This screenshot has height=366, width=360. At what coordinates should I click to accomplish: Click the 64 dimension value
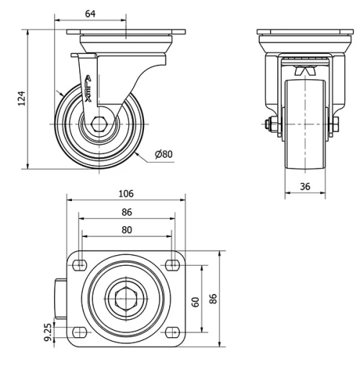pos(90,14)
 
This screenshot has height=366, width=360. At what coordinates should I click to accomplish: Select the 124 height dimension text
pos(22,98)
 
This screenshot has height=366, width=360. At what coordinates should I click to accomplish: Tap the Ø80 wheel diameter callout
pos(163,154)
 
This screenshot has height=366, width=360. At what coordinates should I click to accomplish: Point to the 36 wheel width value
pos(305,187)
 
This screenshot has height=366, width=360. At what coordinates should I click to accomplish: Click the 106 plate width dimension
pos(126,194)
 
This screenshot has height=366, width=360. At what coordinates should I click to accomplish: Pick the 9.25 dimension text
pos(48,332)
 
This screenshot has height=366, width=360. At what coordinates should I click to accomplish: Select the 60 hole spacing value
pos(196,302)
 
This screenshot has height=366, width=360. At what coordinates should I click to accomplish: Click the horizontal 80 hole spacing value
pos(127,230)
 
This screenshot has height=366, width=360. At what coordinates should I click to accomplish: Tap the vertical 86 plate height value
pos(213,299)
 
